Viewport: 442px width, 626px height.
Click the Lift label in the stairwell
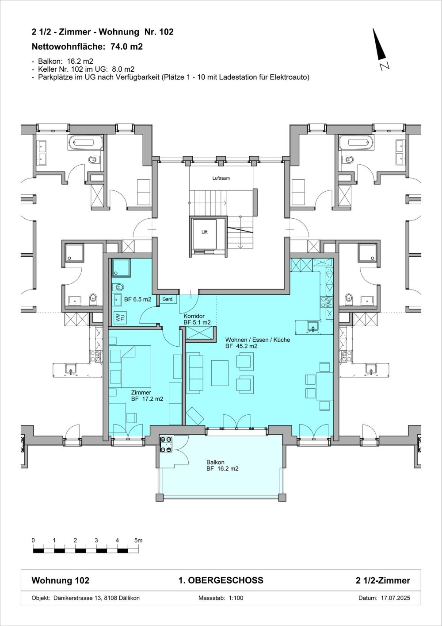pyautogui.click(x=205, y=232)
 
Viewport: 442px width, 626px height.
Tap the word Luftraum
pyautogui.click(x=221, y=178)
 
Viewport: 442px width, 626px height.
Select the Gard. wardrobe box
pyautogui.click(x=168, y=299)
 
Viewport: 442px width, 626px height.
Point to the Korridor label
pyautogui.click(x=194, y=316)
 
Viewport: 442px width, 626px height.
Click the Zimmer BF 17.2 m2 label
pyautogui.click(x=147, y=396)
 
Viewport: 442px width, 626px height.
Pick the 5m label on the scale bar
pyautogui.click(x=138, y=541)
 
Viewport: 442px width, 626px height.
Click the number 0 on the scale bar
pyautogui.click(x=34, y=541)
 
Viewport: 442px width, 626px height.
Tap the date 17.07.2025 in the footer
pyautogui.click(x=396, y=598)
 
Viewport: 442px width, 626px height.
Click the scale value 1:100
pyautogui.click(x=236, y=598)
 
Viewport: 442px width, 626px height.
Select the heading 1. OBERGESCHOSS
pyautogui.click(x=221, y=580)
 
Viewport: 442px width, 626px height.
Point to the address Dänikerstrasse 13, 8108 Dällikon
pyautogui.click(x=96, y=598)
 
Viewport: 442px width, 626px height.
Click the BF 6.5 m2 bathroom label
pyautogui.click(x=138, y=299)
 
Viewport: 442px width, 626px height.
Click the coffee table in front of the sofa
pyautogui.click(x=220, y=373)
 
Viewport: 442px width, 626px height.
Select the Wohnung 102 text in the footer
pyautogui.click(x=61, y=580)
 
